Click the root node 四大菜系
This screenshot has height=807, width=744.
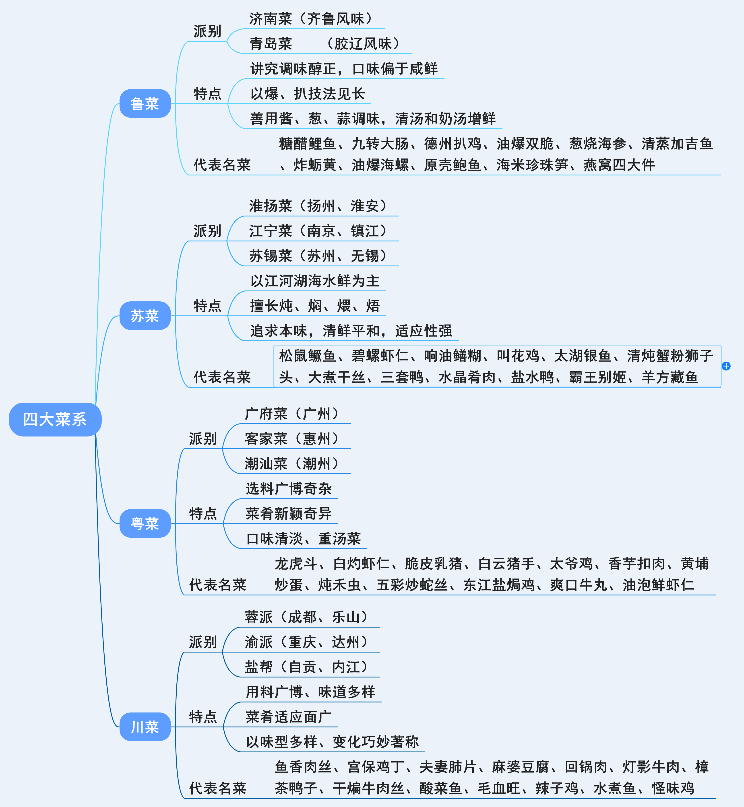[x=55, y=419]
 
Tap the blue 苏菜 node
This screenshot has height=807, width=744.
[x=145, y=316]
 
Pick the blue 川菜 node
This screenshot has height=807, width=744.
[x=145, y=727]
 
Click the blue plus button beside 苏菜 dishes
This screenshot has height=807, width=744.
[x=726, y=366]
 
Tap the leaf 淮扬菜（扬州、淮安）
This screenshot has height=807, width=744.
[x=318, y=206]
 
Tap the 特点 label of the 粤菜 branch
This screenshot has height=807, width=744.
[x=203, y=514]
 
